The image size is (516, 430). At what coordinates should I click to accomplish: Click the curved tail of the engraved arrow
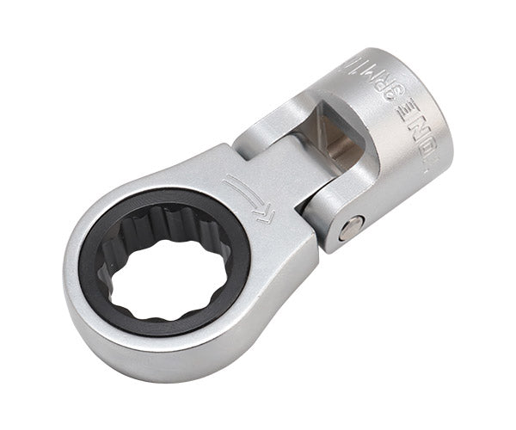tap(234, 181)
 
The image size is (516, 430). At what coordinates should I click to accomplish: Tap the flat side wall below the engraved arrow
tap(284, 258)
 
